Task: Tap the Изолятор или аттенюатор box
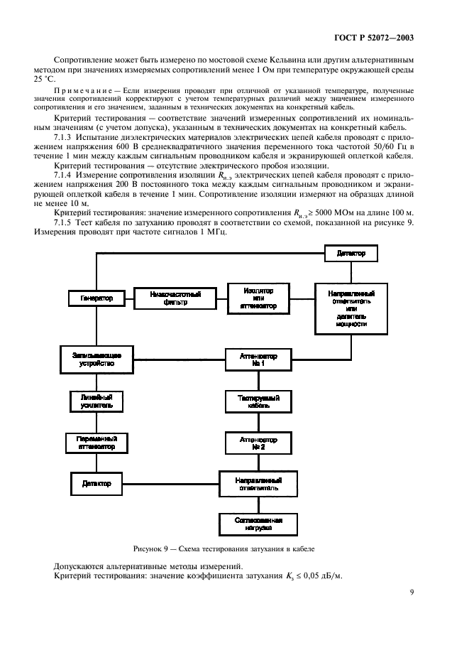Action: (x=259, y=298)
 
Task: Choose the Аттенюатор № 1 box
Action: (x=259, y=357)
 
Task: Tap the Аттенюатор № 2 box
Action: (x=259, y=443)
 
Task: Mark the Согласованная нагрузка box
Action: (x=259, y=524)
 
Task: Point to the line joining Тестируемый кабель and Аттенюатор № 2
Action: (x=259, y=423)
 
